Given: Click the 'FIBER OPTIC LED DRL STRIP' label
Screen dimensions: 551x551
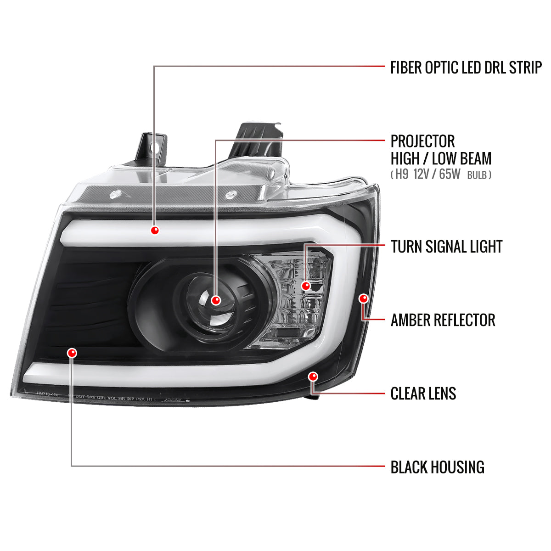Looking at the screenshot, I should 466,67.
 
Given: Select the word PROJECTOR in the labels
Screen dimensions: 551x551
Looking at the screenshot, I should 422,141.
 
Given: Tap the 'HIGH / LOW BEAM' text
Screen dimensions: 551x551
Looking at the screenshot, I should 441,159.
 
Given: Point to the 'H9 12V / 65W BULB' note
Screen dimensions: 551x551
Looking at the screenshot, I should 441,175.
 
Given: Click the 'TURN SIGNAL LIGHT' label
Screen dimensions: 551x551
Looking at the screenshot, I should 446,247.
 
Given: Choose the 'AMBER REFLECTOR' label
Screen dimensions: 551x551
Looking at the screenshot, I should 443,320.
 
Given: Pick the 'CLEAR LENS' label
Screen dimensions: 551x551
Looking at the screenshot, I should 423,394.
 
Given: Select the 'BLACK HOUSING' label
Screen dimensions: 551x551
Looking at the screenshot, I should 437,467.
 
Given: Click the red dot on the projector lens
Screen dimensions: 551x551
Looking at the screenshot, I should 216,300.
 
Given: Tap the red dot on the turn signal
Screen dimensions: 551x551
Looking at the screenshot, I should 306,286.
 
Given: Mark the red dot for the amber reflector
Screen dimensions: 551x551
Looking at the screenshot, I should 364,299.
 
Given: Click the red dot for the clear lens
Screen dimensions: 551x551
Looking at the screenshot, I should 314,377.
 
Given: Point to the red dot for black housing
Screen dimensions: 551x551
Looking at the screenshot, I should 72,353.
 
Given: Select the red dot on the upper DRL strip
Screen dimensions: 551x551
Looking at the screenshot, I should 155,230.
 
